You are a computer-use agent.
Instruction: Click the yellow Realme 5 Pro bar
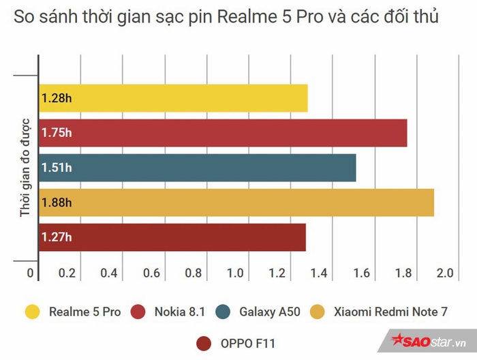173,98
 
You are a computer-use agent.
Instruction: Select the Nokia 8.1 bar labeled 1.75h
223,133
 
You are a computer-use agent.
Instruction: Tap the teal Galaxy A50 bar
197,168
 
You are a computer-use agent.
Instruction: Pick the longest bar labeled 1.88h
236,202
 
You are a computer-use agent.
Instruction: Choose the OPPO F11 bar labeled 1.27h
172,237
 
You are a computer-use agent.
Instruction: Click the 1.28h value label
56,98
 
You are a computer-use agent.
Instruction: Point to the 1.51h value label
56,168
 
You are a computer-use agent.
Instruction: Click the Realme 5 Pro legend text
84,312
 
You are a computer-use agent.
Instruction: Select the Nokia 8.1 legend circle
142,312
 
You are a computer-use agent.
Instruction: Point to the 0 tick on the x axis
30,273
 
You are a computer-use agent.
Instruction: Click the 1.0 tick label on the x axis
235,273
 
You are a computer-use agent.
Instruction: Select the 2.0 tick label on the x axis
445,273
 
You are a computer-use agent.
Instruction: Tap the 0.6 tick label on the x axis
151,273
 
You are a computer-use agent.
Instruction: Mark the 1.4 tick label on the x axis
319,273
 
